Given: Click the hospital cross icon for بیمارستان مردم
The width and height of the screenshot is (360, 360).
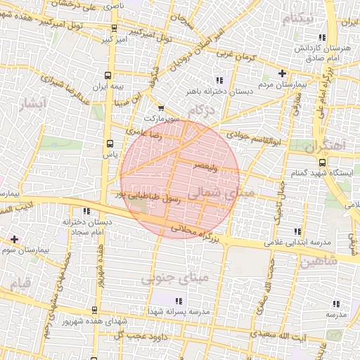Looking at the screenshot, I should point(283,73).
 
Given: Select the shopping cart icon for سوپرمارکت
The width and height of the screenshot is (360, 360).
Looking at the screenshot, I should point(161,108).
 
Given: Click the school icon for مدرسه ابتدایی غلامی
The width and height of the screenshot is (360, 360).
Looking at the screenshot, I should point(297,231).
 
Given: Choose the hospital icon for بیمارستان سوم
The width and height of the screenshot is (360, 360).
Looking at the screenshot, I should point(14,240).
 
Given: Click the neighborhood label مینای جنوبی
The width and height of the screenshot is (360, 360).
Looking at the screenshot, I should point(165,279).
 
